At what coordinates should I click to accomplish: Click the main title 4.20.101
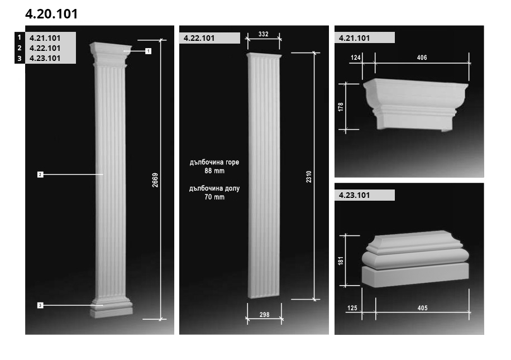tap(51, 14)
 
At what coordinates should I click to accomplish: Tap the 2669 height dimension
tap(155, 180)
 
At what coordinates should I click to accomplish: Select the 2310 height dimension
tap(309, 177)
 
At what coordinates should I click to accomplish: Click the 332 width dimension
tap(264, 34)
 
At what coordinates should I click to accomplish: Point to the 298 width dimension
tap(264, 315)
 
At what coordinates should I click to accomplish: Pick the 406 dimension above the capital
tap(422, 58)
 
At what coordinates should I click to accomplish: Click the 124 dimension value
tap(356, 58)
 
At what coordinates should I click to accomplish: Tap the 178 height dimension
tap(341, 107)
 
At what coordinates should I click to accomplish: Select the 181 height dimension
tap(341, 260)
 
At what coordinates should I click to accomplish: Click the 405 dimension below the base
tap(422, 308)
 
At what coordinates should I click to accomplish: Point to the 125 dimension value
tap(352, 308)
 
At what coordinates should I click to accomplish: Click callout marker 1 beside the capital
tap(149, 51)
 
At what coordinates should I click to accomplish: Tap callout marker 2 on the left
tap(40, 174)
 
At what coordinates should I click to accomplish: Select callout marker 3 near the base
tap(40, 305)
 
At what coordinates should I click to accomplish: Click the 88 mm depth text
tap(214, 170)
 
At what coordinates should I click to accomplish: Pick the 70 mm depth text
tap(214, 197)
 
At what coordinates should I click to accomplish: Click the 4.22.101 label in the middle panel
tap(199, 38)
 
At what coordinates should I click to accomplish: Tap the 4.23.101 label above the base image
tap(354, 195)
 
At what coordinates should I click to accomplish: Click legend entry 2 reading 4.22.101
tap(45, 48)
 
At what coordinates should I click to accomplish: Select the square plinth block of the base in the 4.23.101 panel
tap(415, 275)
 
